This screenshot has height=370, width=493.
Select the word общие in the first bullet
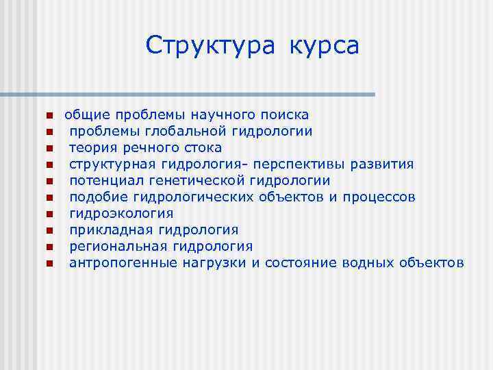(x=88, y=114)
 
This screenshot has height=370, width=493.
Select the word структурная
(x=114, y=164)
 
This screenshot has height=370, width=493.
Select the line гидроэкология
(x=121, y=213)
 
